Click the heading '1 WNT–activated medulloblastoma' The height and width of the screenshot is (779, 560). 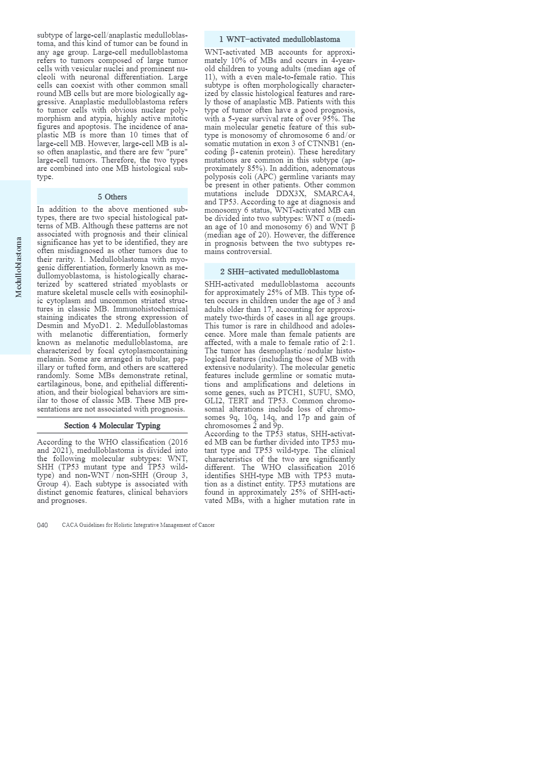(280, 40)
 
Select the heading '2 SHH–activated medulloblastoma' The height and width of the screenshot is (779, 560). (280, 272)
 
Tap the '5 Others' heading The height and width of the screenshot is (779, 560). (112, 197)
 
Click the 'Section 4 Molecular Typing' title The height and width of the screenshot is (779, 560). (112, 426)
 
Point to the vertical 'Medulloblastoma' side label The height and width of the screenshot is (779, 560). (19, 267)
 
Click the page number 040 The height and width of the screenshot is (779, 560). (42, 525)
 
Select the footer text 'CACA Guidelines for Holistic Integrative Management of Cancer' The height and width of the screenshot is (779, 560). (138, 525)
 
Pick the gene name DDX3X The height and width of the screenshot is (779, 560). (291, 194)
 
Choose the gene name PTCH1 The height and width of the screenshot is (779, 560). (291, 393)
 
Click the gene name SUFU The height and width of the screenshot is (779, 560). (319, 393)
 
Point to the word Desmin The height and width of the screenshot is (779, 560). (50, 326)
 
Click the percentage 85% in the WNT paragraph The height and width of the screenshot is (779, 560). (250, 169)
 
